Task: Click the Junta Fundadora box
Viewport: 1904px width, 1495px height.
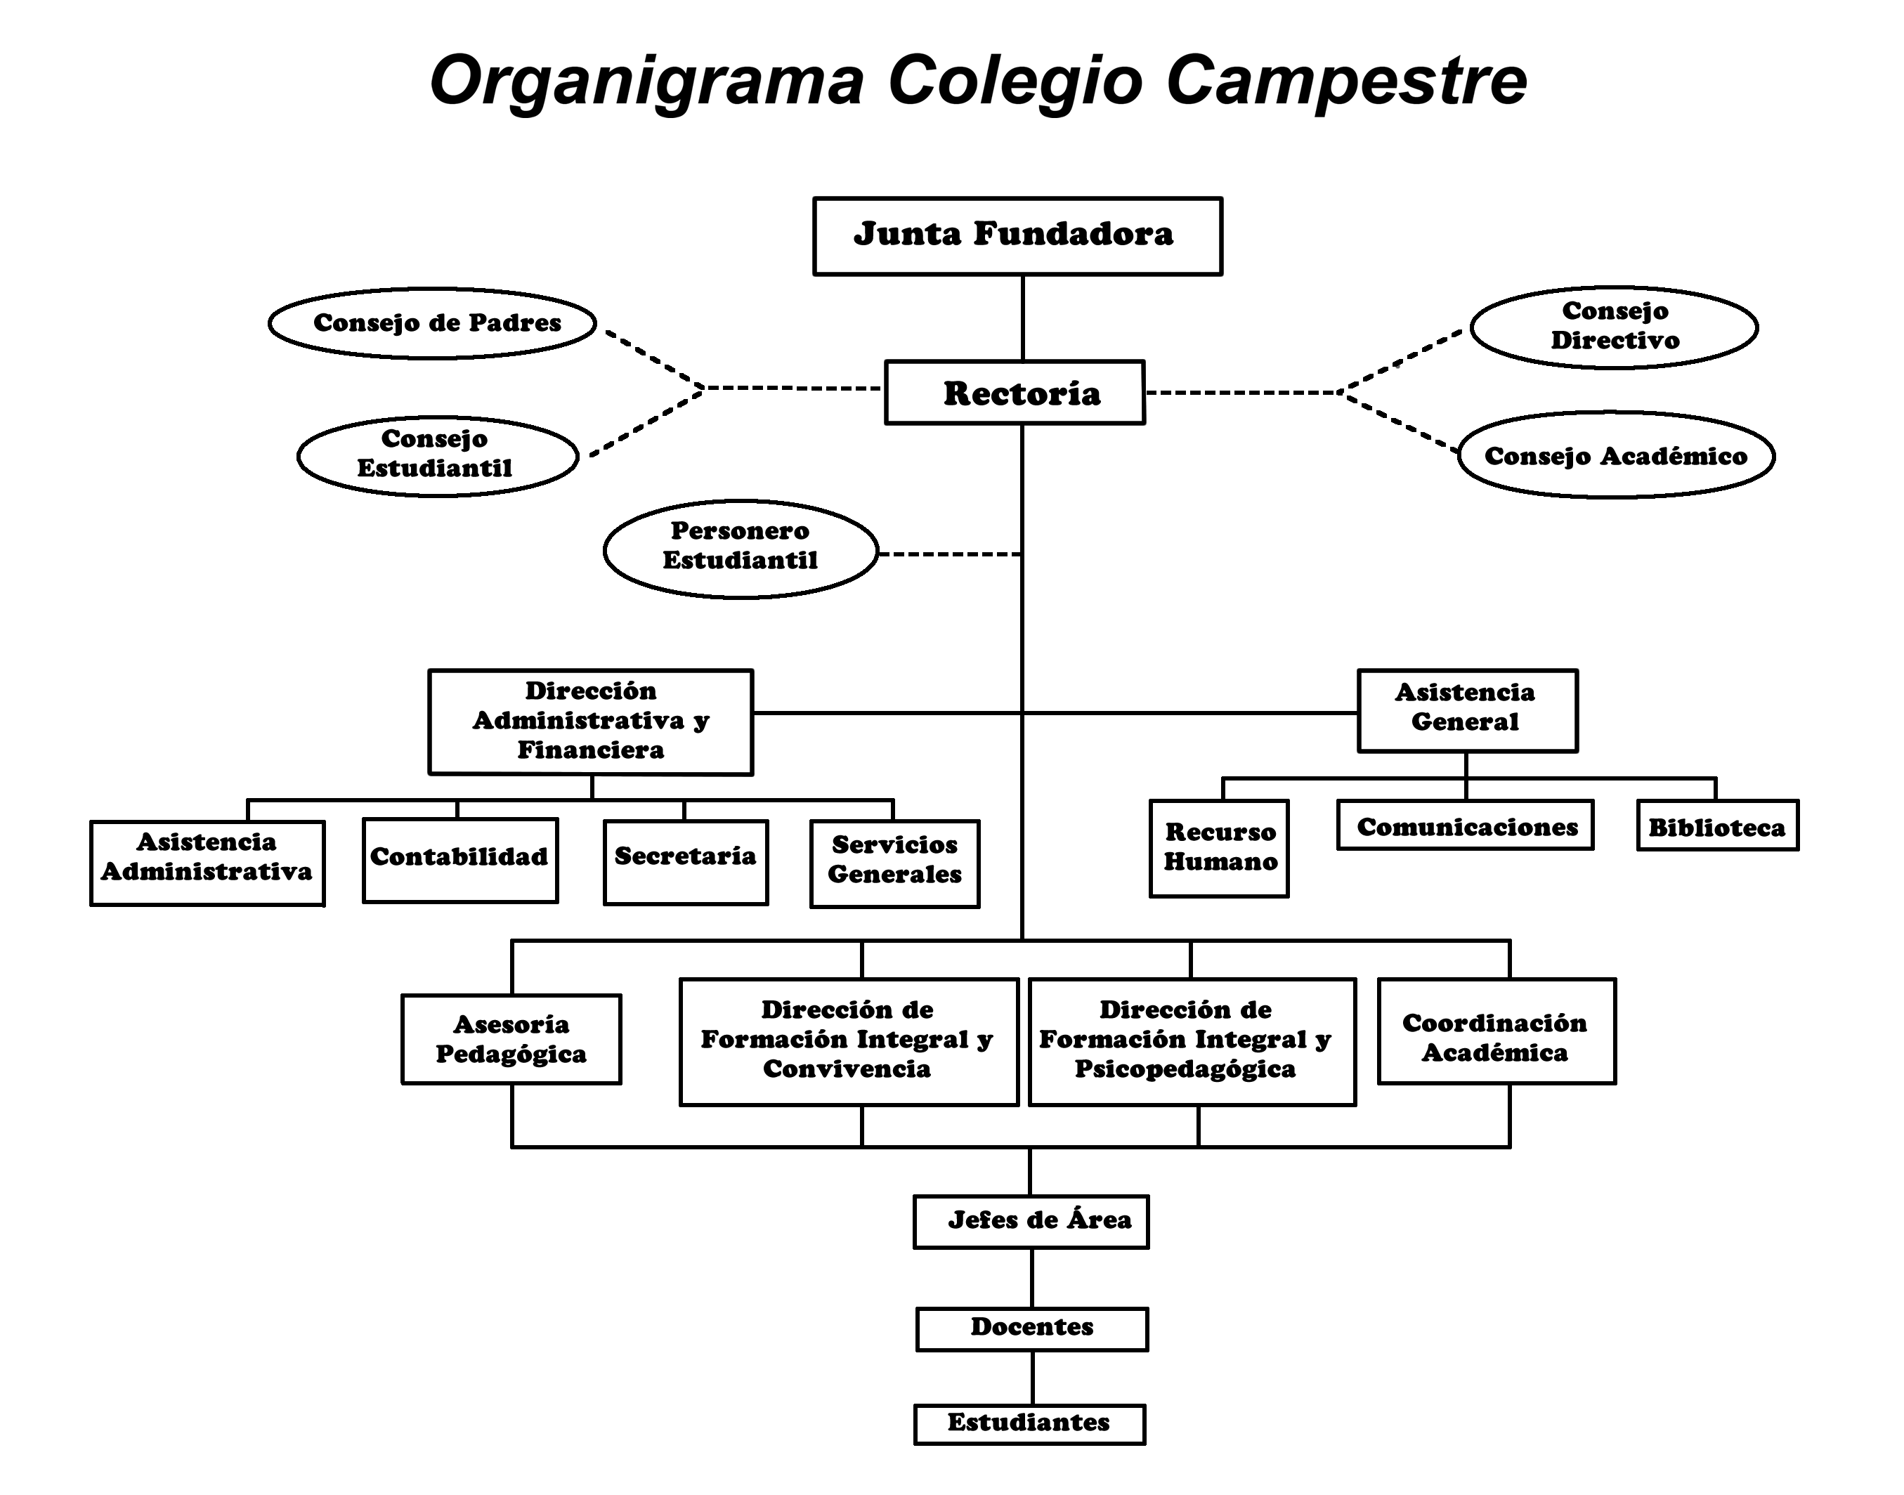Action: pos(1017,236)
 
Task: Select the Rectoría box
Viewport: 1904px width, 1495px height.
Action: pos(1015,393)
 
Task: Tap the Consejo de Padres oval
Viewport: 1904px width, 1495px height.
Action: pos(433,323)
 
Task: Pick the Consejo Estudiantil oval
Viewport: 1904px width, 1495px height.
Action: pos(437,456)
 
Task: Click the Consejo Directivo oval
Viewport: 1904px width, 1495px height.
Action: pos(1613,327)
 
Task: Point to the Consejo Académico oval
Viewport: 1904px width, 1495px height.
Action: pos(1615,455)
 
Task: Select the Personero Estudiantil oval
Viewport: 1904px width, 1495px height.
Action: pos(741,549)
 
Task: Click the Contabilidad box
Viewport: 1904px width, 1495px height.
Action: pos(459,859)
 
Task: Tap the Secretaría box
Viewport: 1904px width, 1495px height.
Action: pos(686,861)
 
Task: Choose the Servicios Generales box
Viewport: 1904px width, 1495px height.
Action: pos(894,863)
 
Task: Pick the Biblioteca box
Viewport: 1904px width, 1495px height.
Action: pos(1716,825)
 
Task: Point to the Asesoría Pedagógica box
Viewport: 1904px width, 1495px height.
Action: pos(511,1039)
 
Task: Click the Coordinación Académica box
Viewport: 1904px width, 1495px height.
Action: pos(1496,1031)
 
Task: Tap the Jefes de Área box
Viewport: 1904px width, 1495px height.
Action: pos(1031,1221)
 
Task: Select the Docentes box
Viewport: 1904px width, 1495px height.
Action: pos(1032,1328)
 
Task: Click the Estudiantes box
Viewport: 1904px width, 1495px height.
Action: pos(1029,1424)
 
